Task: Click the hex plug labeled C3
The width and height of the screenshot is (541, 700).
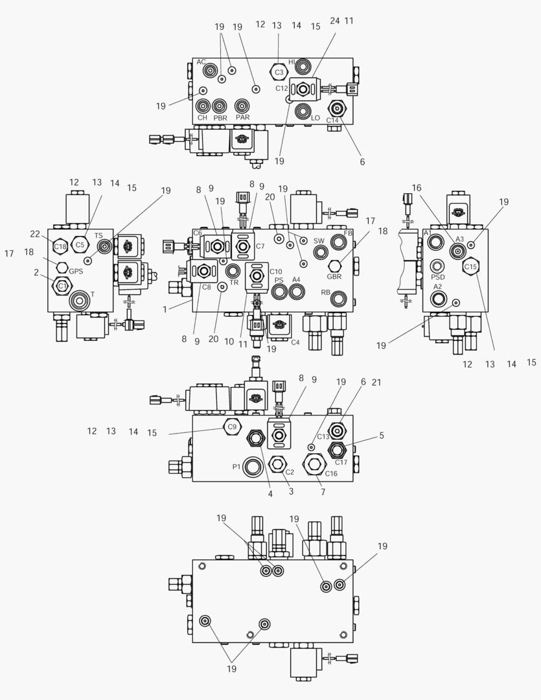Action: coord(279,71)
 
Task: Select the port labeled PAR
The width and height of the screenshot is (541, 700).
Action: coord(242,106)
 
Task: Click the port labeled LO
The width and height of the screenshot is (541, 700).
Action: coord(301,111)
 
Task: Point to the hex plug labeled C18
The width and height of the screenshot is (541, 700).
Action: coord(60,246)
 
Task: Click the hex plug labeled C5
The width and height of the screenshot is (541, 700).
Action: coord(80,244)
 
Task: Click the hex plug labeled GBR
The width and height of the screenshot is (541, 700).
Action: coord(335,266)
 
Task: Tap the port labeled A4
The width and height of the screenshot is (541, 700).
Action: coord(297,292)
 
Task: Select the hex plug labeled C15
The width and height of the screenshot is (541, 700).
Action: coord(470,266)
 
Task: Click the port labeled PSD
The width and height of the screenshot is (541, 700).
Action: coord(438,266)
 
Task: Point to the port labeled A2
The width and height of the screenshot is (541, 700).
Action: coord(438,298)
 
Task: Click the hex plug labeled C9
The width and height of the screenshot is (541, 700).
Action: coord(231,426)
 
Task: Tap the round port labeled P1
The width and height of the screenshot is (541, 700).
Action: coord(253,466)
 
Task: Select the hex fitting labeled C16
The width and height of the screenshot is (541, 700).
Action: coord(316,464)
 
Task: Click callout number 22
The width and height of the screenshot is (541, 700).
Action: coord(35,234)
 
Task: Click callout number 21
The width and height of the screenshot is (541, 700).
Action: coord(376,382)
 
